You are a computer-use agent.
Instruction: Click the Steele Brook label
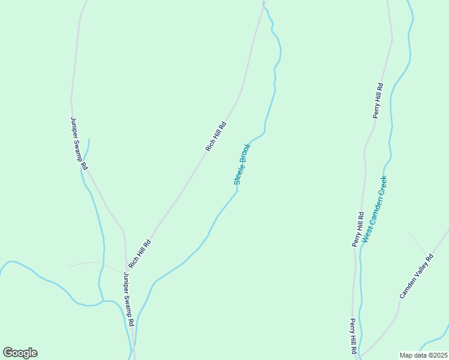pos(242,164)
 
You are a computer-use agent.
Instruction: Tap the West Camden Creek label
pos(375,208)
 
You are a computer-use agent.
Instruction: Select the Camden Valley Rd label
pos(417,277)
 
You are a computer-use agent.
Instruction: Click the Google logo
pos(20,353)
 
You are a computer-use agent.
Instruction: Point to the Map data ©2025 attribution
pos(424,355)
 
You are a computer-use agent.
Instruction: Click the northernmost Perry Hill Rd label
pos(378,101)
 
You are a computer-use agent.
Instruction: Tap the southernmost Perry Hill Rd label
pos(354,336)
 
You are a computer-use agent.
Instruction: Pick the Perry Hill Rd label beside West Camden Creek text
pos(358,229)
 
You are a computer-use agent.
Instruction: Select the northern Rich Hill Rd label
pos(215,136)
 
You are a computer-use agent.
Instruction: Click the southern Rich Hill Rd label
pos(139,254)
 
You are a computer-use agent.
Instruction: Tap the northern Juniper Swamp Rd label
pos(79,143)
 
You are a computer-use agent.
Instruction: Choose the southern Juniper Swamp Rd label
pos(128,299)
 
